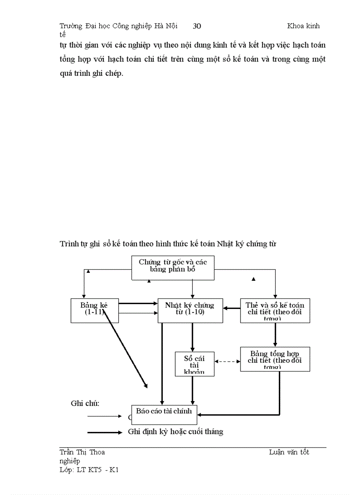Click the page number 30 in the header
[197, 26]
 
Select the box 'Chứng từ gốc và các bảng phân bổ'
[173, 268]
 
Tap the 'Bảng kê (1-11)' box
[95, 310]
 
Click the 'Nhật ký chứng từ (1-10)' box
[190, 310]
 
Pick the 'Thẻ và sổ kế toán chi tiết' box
[275, 310]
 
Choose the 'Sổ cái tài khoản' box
[195, 364]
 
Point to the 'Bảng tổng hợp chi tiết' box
[275, 359]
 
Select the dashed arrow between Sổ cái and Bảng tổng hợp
[227, 361]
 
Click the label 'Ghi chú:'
[85, 403]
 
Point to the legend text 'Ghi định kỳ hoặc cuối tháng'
[176, 432]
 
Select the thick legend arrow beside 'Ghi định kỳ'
[105, 432]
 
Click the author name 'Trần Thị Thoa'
[82, 452]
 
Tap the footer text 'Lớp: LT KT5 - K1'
[89, 470]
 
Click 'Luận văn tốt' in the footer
[289, 452]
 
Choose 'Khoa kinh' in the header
[304, 26]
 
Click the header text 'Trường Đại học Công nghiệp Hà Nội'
[119, 26]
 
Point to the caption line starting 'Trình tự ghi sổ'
[168, 243]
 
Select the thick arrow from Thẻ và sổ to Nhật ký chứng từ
[232, 309]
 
